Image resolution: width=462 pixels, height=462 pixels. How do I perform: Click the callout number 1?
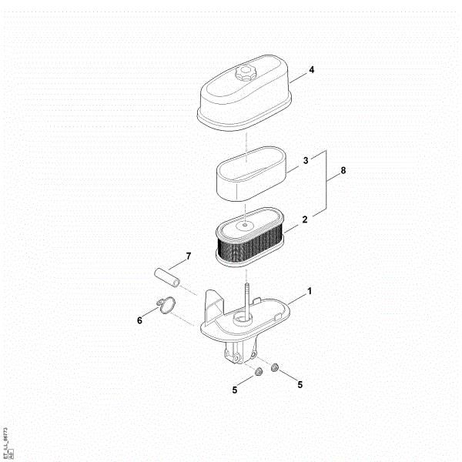(310, 293)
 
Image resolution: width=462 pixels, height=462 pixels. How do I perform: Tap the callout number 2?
(305, 219)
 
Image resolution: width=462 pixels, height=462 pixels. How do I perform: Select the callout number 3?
(306, 161)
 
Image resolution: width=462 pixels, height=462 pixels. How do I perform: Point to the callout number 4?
(311, 70)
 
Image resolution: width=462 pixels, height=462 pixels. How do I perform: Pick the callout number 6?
(139, 320)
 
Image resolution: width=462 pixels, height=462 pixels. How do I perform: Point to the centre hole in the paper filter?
(244, 226)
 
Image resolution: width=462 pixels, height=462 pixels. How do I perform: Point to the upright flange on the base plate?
(209, 307)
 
